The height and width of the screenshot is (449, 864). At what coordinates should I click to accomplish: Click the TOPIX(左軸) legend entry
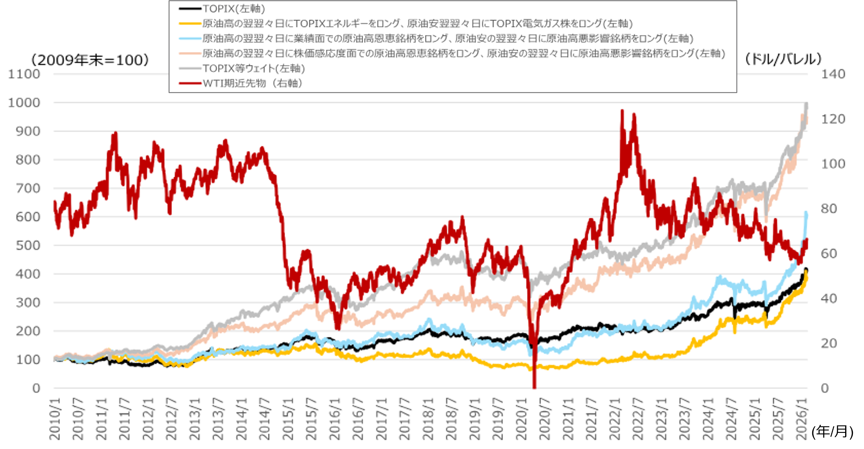(x=234, y=9)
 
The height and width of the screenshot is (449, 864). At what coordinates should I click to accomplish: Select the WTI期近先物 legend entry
(x=252, y=83)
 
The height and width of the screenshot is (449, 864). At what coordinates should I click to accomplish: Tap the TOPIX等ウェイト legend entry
(x=254, y=68)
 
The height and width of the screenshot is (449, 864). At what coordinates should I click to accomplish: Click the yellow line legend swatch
(x=190, y=24)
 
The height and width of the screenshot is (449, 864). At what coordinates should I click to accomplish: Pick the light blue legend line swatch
(x=190, y=39)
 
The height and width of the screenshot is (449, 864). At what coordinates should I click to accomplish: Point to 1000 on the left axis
(x=24, y=103)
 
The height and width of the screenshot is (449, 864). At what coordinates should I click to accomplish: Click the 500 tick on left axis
(x=28, y=245)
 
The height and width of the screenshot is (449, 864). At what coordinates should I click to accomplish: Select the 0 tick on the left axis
(x=36, y=388)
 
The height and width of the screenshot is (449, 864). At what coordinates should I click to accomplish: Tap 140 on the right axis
(x=833, y=74)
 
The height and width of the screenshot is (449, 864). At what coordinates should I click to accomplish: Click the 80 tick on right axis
(x=829, y=209)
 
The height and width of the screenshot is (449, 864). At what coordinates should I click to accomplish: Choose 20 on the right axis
(x=829, y=343)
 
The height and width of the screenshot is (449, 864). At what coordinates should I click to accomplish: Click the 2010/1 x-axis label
(x=55, y=419)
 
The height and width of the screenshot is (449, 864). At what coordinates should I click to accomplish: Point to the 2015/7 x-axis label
(x=312, y=419)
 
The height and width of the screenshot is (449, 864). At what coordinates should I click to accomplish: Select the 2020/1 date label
(x=522, y=419)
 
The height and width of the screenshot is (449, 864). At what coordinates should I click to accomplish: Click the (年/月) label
(x=832, y=432)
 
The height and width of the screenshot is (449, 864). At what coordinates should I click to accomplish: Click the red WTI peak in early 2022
(x=622, y=111)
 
